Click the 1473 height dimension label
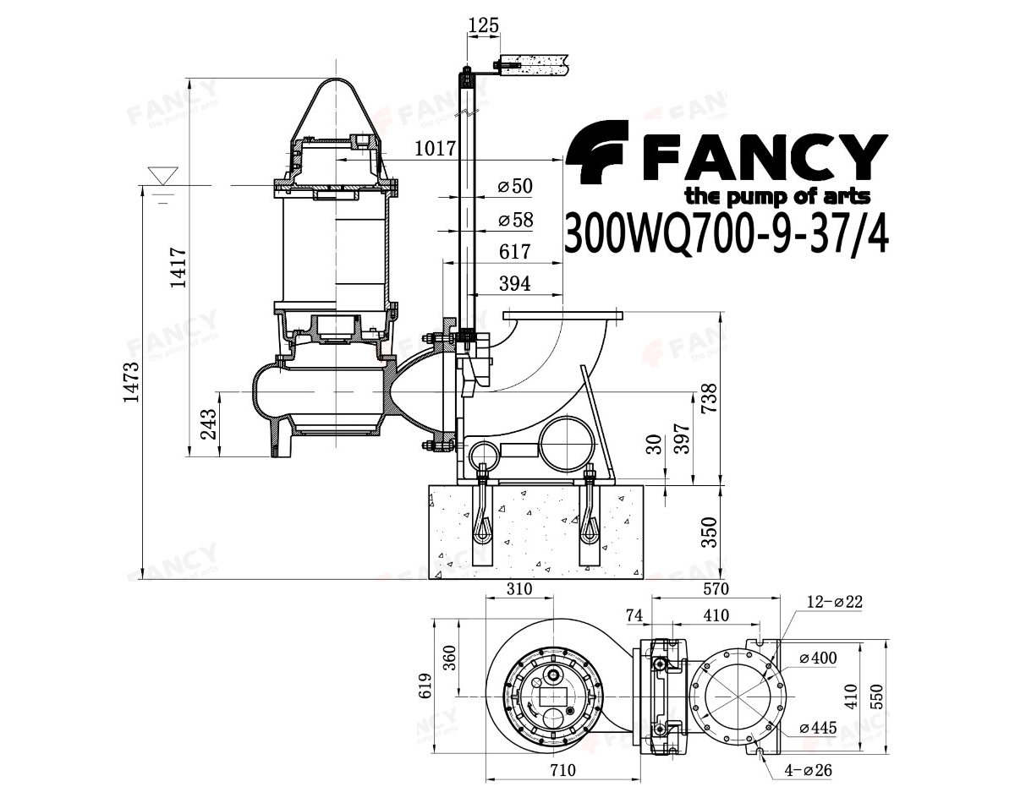131,381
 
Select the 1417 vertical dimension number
178,267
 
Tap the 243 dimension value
208,423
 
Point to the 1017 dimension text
435,149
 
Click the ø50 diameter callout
515,186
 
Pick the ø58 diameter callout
515,220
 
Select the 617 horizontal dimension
514,251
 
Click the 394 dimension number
514,283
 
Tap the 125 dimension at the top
484,25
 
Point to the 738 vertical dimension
710,398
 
